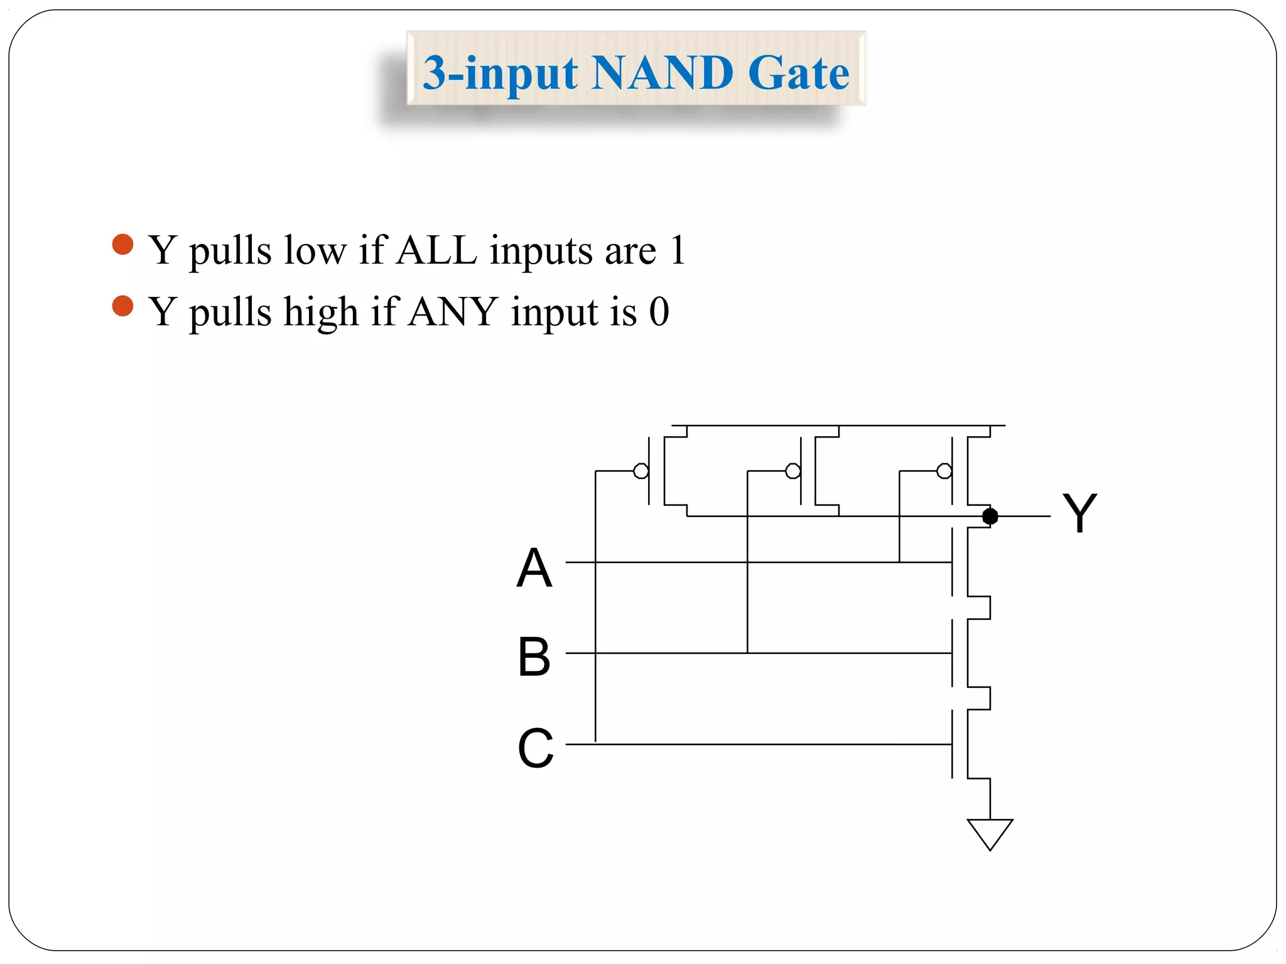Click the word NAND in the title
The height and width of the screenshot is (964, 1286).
point(662,73)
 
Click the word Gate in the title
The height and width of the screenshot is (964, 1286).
point(799,73)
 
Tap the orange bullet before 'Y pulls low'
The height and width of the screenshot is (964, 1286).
point(122,244)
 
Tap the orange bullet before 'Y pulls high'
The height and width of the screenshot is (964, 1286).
point(122,306)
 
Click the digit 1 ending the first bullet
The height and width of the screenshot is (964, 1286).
point(677,250)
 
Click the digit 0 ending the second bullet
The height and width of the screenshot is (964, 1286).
point(659,311)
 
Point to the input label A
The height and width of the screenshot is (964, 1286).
point(534,568)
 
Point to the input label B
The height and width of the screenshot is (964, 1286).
point(534,657)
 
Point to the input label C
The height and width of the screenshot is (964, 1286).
point(535,748)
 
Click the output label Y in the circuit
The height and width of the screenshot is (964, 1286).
point(1079,513)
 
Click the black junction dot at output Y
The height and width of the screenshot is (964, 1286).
point(990,516)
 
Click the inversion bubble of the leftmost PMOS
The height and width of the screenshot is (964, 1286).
point(641,471)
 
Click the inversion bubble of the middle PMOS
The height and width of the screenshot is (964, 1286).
point(793,471)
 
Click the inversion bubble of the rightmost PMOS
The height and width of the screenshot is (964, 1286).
point(944,471)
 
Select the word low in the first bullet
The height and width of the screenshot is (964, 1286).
point(315,250)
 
